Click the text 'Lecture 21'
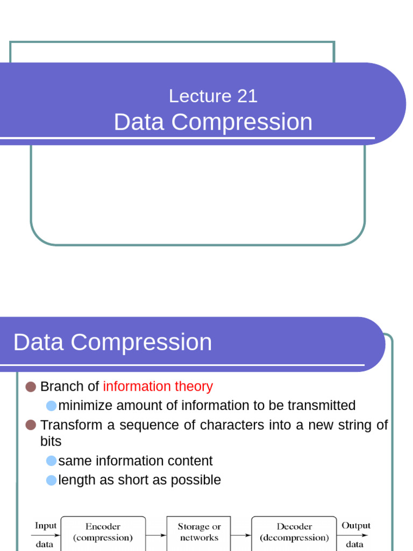213,96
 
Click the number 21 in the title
247,96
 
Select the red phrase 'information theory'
158,386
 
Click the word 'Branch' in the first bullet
62,386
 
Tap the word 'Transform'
71,425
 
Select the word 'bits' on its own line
51,441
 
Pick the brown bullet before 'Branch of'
31,386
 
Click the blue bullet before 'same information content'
51,461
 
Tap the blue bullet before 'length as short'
51,480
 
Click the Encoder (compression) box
103,532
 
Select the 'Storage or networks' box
199,532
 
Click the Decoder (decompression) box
294,532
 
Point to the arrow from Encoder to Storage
156,535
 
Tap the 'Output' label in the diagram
355,526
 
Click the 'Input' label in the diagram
45,526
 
